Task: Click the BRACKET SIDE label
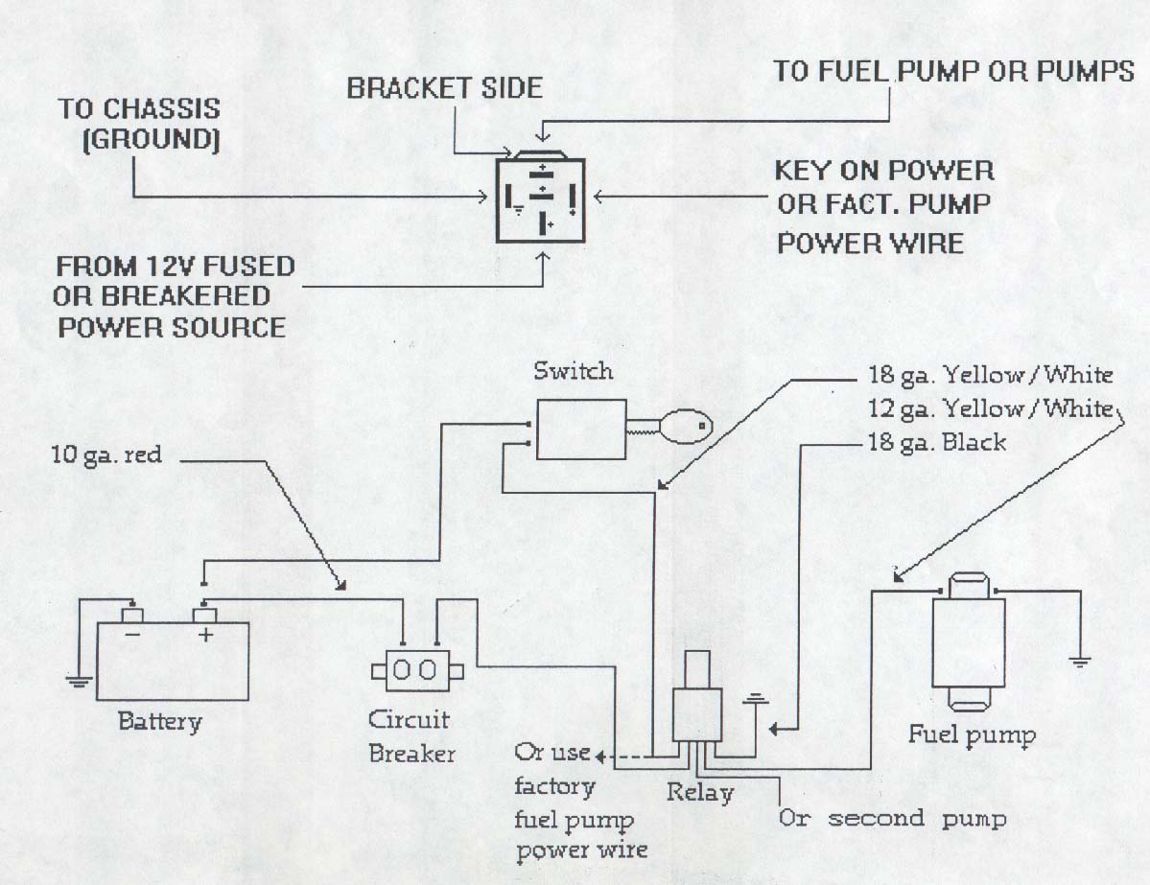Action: tap(444, 88)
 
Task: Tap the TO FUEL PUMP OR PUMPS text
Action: tap(953, 71)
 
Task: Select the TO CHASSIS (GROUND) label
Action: tap(139, 123)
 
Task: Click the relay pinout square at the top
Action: tap(541, 200)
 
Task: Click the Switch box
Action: tap(581, 430)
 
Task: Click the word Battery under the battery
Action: tap(160, 721)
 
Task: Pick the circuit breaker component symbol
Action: tap(417, 669)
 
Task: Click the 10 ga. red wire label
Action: tap(106, 454)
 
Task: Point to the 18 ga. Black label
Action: tap(936, 442)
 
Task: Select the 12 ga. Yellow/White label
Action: tap(991, 408)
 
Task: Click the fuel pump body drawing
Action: tap(968, 642)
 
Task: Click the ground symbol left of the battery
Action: tap(79, 681)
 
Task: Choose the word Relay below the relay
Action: tap(699, 793)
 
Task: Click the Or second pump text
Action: tap(892, 819)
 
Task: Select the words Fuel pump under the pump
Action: tap(972, 735)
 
